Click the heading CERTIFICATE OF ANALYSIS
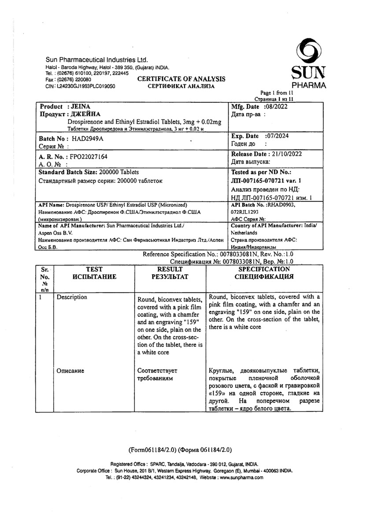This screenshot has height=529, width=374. coord(181,79)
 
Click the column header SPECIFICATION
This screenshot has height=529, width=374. coord(264,269)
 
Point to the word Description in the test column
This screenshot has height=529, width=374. coord(72,297)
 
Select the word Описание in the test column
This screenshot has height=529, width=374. coord(70,371)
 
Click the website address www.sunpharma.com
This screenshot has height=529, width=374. coord(241,477)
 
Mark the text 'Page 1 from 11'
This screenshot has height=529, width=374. coord(277,93)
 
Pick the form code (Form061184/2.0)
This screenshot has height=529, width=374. coord(152,450)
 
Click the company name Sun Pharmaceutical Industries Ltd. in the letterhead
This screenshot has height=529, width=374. coord(97,60)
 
